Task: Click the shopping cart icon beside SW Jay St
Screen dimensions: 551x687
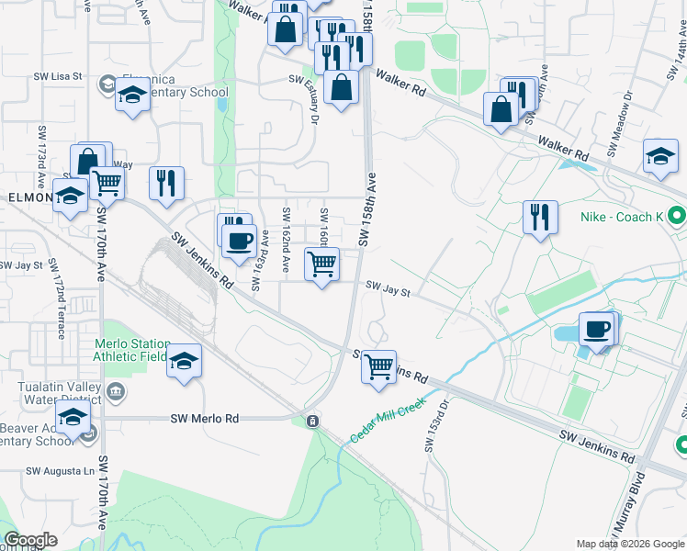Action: pyautogui.click(x=321, y=264)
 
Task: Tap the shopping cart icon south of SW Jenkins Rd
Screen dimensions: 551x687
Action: pyautogui.click(x=378, y=366)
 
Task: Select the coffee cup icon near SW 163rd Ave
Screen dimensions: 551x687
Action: pyautogui.click(x=240, y=242)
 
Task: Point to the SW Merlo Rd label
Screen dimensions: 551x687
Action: pyautogui.click(x=204, y=419)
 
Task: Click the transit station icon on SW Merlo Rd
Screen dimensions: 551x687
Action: pyautogui.click(x=313, y=421)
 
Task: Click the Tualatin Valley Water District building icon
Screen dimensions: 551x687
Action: pyautogui.click(x=117, y=393)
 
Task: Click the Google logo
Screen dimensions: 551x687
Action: pyautogui.click(x=30, y=540)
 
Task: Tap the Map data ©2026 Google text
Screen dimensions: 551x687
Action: pyautogui.click(x=628, y=544)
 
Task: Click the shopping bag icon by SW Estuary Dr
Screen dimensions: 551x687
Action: pyautogui.click(x=341, y=88)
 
